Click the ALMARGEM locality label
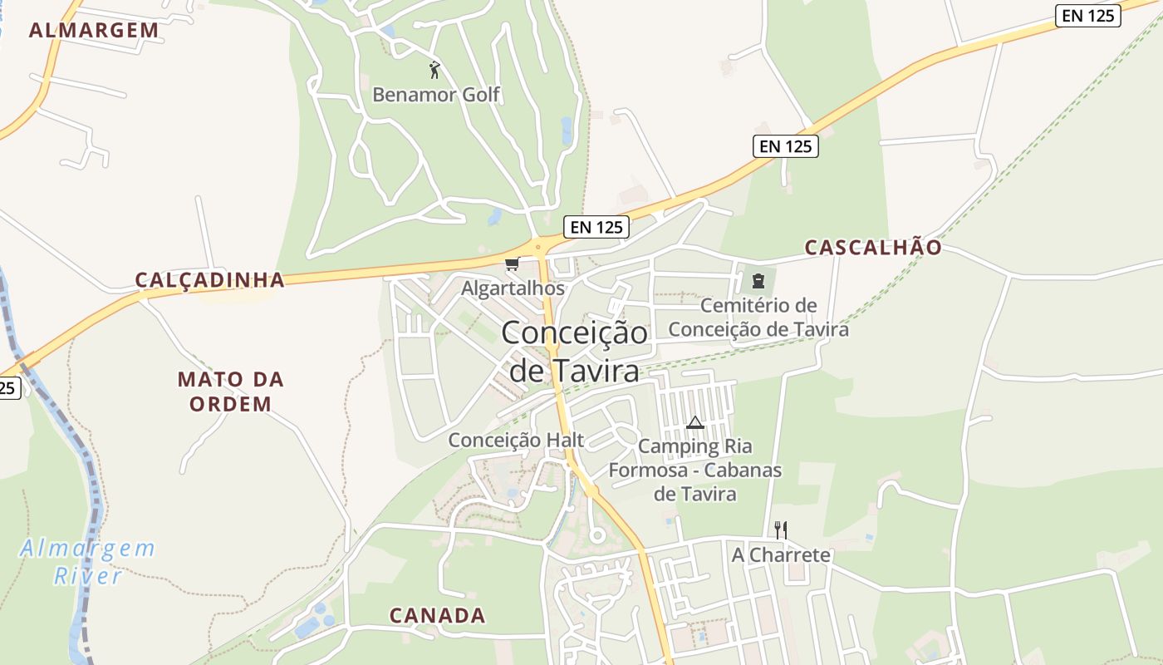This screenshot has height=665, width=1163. coord(94,31)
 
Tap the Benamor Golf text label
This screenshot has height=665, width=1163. coord(436,95)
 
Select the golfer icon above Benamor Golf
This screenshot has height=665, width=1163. coord(434,70)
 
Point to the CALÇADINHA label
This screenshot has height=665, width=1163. coord(210,280)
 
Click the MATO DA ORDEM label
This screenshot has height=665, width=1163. coord(230,392)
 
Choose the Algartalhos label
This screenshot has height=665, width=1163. coord(513,288)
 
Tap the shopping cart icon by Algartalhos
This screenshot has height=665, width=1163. coord(512,264)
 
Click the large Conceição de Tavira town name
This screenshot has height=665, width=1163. coord(574,352)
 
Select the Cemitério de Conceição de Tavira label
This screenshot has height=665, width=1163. coord(758,318)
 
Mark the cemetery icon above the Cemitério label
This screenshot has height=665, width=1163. coord(758,280)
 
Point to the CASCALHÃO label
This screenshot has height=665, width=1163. coord(873,248)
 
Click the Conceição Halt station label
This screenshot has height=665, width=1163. coord(516,440)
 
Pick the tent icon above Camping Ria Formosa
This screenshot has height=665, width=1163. coord(695,422)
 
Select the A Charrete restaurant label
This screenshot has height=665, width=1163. coord(781,554)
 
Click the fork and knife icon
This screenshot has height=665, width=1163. coord(780,530)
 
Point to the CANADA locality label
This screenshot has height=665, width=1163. coord(437,616)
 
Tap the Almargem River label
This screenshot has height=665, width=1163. coord(88,562)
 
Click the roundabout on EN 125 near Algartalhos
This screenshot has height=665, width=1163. coord(542,245)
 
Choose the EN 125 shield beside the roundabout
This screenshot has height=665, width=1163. coord(596,227)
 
